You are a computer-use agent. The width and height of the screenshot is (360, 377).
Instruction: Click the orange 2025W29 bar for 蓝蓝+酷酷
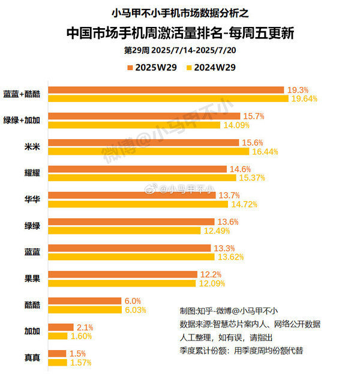(166, 90)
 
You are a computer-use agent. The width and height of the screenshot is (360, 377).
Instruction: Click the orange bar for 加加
(61, 327)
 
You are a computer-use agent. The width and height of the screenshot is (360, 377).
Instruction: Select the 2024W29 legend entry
(211, 67)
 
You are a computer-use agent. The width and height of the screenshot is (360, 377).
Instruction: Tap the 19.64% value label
(304, 99)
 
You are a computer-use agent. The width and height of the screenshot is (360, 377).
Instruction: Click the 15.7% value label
(253, 116)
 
